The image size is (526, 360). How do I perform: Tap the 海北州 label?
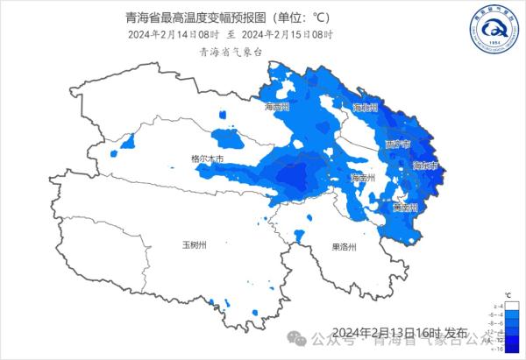(365, 107)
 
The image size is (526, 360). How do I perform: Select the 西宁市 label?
(396, 143)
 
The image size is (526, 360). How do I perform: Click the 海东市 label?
(424, 165)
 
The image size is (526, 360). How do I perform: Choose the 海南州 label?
(362, 178)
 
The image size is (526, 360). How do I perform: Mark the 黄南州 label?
(405, 208)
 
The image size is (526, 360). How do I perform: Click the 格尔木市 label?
(207, 159)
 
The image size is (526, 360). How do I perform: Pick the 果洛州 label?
(344, 247)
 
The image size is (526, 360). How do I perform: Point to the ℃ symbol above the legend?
(508, 294)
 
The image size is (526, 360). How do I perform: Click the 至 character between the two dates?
(231, 34)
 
